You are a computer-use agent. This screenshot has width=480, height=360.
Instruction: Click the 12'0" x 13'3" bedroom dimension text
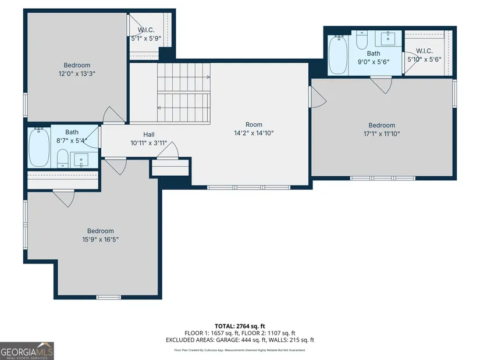[77, 74]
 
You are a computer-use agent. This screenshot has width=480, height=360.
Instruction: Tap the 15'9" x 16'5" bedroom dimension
[101, 240]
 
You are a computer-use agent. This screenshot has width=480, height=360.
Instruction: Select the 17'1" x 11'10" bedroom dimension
[382, 134]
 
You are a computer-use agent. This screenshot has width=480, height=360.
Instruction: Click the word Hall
[149, 134]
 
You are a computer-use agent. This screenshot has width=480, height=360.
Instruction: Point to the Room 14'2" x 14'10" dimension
[254, 133]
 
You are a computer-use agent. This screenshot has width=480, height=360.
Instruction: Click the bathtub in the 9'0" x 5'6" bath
[338, 55]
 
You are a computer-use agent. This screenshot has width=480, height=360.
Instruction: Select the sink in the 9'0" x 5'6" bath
[388, 38]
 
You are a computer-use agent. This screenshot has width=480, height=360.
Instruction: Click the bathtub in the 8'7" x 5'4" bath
[39, 147]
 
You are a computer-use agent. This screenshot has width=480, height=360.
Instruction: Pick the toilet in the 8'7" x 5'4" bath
[63, 159]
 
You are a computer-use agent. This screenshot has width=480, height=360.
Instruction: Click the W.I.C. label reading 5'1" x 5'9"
[146, 34]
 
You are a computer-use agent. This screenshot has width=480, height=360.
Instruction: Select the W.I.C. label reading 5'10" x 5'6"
[424, 55]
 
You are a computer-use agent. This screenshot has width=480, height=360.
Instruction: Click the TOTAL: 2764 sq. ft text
[240, 326]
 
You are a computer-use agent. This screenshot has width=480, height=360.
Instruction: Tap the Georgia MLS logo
[27, 351]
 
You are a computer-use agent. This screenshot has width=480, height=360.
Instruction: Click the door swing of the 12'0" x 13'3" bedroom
[113, 115]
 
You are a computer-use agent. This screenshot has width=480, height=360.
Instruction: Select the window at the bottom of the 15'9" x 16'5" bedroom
[109, 297]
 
